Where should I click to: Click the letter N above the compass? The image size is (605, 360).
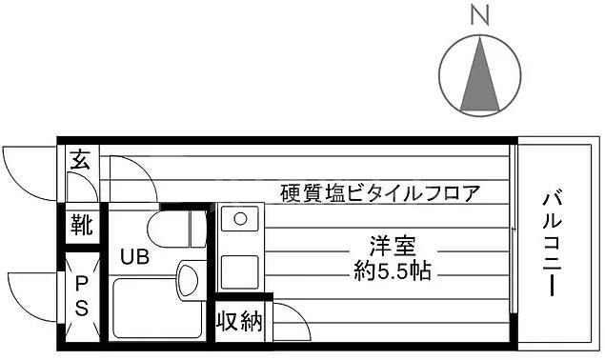tap(481, 15)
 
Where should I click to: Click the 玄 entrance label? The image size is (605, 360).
tap(80, 160)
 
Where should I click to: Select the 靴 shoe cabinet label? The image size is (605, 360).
tap(81, 226)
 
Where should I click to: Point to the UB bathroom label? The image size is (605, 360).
tap(132, 256)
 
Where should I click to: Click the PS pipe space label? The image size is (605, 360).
tap(81, 295)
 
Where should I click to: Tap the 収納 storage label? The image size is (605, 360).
tap(237, 322)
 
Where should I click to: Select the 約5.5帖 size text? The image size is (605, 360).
tap(391, 271)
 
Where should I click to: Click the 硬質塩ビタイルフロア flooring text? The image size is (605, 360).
tap(380, 192)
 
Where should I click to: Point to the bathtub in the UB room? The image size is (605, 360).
tap(155, 307)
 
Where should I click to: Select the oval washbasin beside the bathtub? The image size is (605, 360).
tap(187, 283)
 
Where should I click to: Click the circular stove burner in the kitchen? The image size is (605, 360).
tap(239, 219)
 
